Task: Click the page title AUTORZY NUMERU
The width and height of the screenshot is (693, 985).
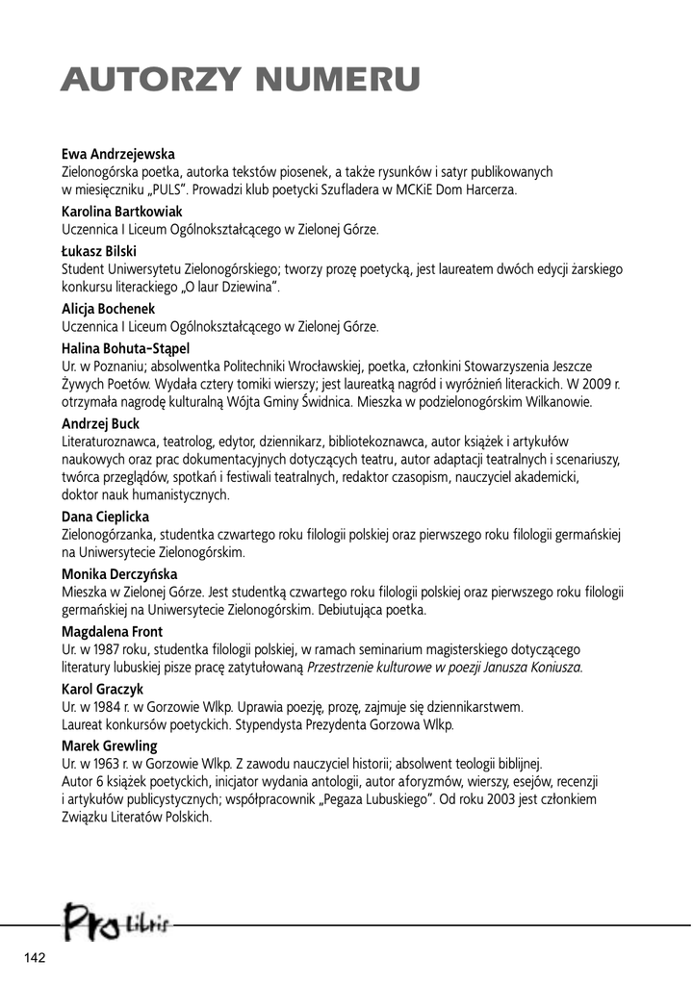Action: [x=240, y=78]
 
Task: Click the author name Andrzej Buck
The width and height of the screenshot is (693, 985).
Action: [x=100, y=422]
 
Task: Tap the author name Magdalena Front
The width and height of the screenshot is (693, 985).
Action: [x=112, y=631]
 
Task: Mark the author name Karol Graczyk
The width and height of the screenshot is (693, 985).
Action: [x=103, y=689]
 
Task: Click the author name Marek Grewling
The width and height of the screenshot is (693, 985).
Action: [x=109, y=745]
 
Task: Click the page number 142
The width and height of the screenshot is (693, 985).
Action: [x=36, y=957]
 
